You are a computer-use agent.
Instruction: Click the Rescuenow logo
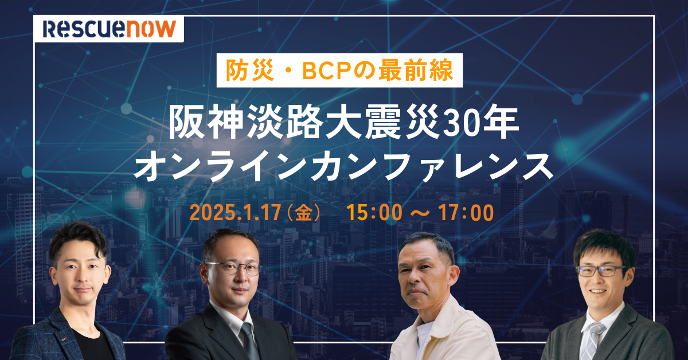(x=109, y=28)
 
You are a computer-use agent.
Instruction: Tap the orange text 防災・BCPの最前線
(x=339, y=70)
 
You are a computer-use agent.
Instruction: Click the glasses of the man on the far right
(x=600, y=270)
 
